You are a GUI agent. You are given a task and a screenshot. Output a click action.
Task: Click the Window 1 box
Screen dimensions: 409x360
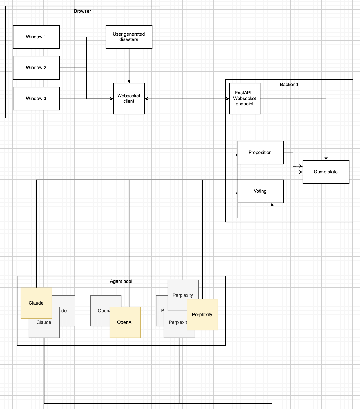[36, 37]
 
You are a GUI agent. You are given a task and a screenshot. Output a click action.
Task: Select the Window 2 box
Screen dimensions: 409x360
[36, 68]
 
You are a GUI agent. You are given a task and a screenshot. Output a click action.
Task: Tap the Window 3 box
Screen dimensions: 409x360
[36, 99]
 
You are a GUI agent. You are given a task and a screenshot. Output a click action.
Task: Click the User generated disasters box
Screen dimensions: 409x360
[129, 37]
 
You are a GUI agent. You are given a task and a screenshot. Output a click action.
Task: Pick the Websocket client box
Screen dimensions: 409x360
[129, 99]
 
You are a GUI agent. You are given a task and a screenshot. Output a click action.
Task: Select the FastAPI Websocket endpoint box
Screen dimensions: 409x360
[245, 99]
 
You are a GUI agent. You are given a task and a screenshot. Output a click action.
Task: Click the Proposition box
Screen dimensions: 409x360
[260, 153]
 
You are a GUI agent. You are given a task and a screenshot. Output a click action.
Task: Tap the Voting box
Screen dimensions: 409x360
[260, 191]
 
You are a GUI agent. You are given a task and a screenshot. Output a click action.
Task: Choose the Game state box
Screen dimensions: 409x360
[326, 172]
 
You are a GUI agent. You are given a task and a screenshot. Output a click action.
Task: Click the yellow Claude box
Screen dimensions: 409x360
[36, 303]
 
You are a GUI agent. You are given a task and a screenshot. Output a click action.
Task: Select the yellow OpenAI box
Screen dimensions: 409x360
[125, 322]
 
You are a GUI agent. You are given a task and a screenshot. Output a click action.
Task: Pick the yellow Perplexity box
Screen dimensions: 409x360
[202, 315]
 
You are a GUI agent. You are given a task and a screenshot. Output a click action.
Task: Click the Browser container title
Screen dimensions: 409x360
[83, 11]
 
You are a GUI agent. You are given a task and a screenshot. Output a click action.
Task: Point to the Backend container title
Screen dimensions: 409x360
[289, 85]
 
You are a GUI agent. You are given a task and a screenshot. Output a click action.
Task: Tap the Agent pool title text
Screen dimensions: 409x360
[121, 281]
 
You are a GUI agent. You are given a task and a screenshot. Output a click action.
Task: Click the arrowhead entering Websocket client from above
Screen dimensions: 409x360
[129, 81]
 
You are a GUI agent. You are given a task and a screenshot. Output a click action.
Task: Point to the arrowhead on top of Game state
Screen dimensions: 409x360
[326, 159]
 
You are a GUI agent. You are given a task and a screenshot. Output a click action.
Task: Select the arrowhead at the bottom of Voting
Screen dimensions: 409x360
[272, 205]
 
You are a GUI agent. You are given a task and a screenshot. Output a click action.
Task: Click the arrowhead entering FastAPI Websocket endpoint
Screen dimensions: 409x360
[228, 99]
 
